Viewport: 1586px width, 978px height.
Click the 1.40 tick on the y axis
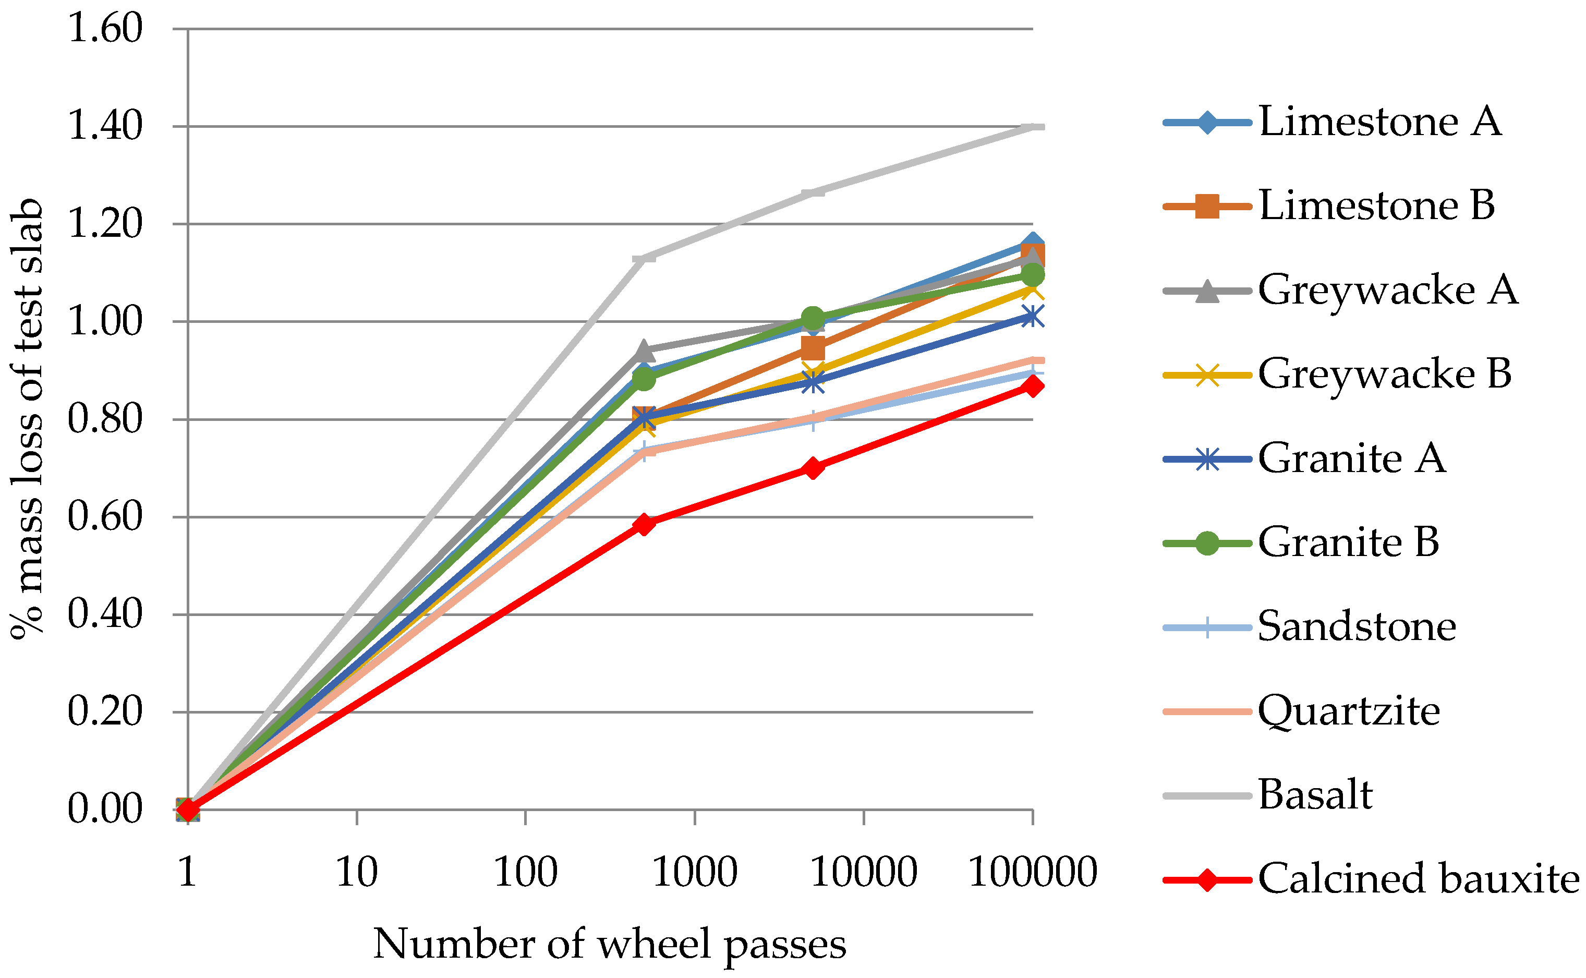[105, 126]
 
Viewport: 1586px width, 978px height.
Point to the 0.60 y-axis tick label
[105, 517]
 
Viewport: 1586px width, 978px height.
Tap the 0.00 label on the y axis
[105, 808]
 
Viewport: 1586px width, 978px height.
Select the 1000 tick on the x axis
[694, 872]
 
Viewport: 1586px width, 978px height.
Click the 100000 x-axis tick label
[1033, 872]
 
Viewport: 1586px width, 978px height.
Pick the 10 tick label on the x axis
[356, 872]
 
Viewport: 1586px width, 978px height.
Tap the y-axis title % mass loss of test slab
[27, 419]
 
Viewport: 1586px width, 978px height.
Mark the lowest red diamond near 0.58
[644, 524]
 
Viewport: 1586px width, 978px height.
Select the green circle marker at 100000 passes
[1033, 275]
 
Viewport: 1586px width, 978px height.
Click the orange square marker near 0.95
[813, 348]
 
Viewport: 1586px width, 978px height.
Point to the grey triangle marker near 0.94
[644, 351]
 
